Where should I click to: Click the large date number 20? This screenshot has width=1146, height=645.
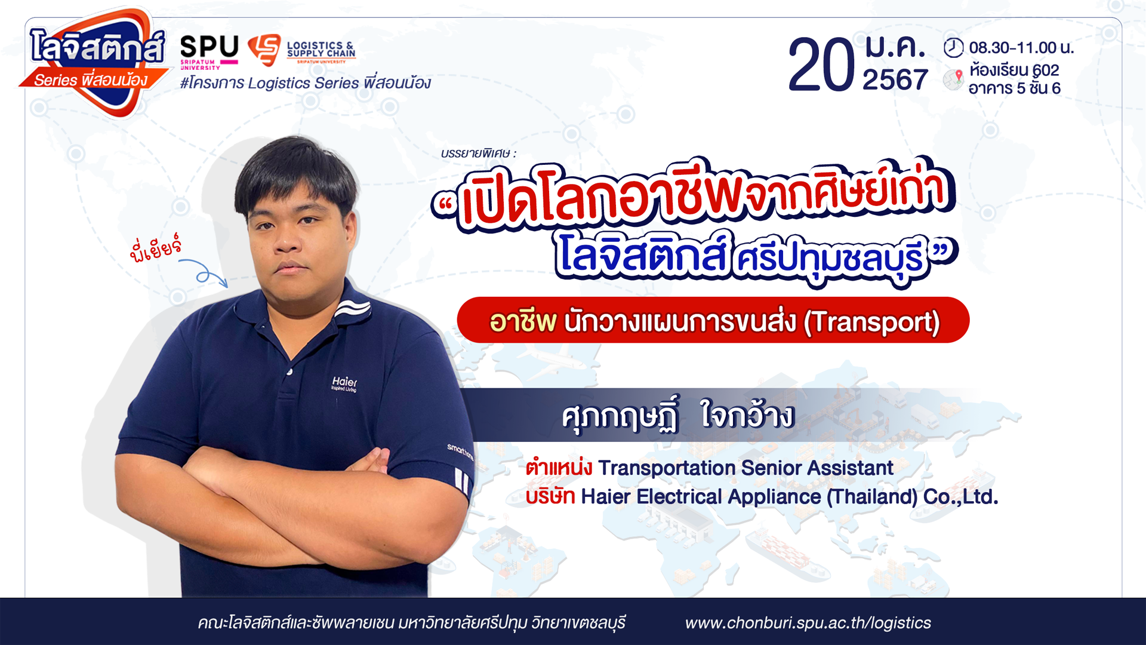tap(821, 65)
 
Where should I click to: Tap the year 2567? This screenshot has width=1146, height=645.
tap(895, 79)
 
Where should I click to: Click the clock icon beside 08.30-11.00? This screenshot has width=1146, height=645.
tap(953, 47)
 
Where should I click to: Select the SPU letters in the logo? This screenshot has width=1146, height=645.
tap(210, 46)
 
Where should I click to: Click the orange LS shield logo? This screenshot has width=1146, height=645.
tap(264, 49)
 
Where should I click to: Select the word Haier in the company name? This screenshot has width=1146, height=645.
tap(605, 496)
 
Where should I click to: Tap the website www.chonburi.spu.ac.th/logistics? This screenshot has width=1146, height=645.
tap(808, 623)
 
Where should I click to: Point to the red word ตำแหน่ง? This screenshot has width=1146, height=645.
tap(559, 468)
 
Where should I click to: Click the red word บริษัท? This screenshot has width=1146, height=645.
tap(550, 496)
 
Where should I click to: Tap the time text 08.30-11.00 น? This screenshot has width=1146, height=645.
tap(1021, 48)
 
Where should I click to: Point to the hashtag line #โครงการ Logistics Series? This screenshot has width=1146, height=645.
tap(305, 83)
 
